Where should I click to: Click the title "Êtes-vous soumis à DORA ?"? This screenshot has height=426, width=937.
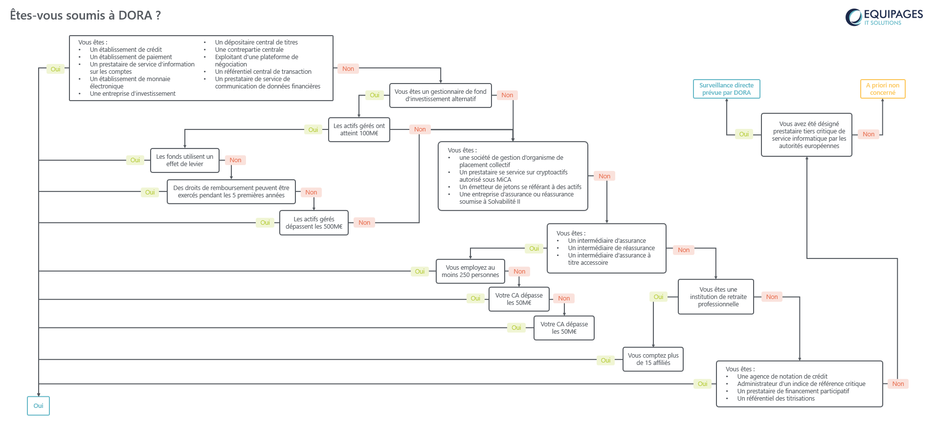(86, 15)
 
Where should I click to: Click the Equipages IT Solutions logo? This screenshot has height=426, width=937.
(884, 17)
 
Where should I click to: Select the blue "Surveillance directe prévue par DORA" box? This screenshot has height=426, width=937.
(726, 89)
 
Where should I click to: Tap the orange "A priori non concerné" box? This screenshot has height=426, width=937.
(883, 89)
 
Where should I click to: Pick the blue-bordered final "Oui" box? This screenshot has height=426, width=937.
(38, 405)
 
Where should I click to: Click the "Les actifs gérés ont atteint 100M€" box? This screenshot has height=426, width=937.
(359, 129)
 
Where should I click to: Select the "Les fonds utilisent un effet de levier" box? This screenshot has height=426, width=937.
(185, 160)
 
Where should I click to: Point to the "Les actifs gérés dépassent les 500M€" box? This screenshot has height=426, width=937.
(314, 223)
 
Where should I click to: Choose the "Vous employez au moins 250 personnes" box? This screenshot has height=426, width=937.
(470, 271)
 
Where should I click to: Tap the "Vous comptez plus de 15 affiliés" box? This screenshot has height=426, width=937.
(653, 359)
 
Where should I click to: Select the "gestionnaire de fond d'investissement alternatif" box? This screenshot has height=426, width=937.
(440, 95)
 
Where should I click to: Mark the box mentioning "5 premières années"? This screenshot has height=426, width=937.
(231, 192)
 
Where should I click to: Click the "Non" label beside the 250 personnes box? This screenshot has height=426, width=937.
(519, 272)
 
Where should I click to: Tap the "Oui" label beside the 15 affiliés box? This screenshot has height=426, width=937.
(605, 361)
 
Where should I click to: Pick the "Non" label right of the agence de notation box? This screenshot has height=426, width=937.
(898, 384)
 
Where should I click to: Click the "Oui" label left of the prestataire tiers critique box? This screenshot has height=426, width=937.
(744, 134)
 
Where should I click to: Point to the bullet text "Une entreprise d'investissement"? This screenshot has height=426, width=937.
(133, 94)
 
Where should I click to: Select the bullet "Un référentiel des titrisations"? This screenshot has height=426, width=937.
(776, 399)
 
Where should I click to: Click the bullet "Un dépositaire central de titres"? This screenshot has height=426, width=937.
(256, 43)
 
